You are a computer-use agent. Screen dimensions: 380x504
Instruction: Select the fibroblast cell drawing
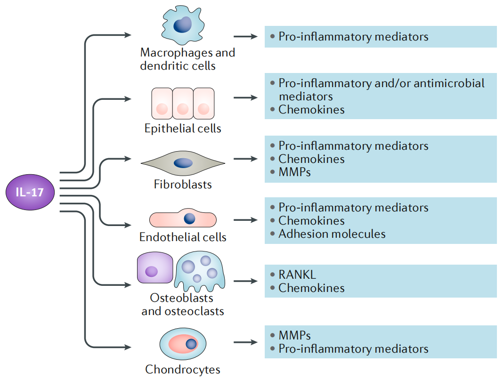pyautogui.click(x=183, y=163)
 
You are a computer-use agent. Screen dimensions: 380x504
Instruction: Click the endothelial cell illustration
pyautogui.click(x=183, y=219)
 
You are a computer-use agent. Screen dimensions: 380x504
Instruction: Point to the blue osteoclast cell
pyautogui.click(x=200, y=273)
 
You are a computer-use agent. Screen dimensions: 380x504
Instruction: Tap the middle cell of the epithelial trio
pyautogui.click(x=183, y=104)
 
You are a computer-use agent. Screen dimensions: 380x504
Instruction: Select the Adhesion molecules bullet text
pyautogui.click(x=332, y=234)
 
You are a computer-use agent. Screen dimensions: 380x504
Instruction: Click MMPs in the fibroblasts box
pyautogui.click(x=294, y=172)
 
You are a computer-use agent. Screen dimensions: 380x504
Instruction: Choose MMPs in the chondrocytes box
pyautogui.click(x=294, y=336)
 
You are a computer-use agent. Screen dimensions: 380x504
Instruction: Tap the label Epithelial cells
pyautogui.click(x=183, y=129)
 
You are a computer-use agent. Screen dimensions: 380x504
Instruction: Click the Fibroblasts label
pyautogui.click(x=183, y=184)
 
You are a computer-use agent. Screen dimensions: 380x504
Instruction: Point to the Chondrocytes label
pyautogui.click(x=183, y=370)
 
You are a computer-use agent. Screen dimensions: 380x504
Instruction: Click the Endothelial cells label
pyautogui.click(x=183, y=237)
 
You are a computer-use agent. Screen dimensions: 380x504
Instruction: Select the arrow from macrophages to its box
pyautogui.click(x=245, y=36)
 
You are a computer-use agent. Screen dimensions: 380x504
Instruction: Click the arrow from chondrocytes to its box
pyautogui.click(x=245, y=342)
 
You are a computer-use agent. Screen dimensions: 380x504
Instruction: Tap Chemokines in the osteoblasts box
pyautogui.click(x=311, y=288)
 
